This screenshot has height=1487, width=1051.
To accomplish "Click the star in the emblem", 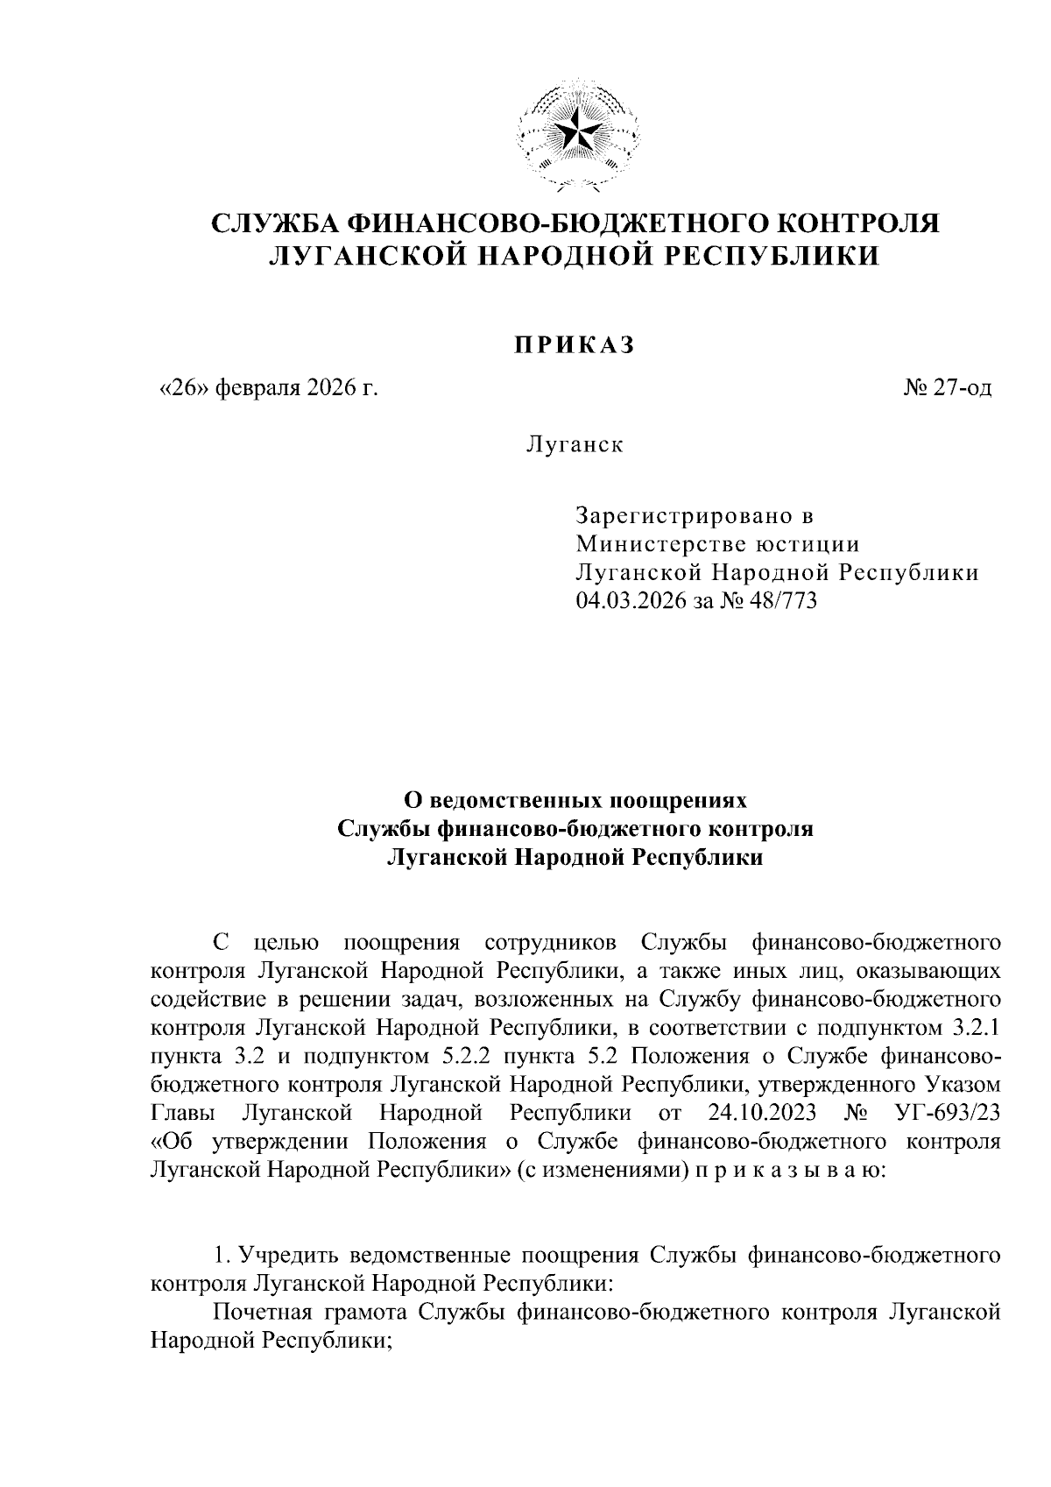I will [577, 133].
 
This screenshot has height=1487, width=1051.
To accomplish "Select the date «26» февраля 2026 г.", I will [265, 387].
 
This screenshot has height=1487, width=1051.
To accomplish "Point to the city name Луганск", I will [574, 444].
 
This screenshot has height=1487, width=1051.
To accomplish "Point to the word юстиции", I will [808, 544].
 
